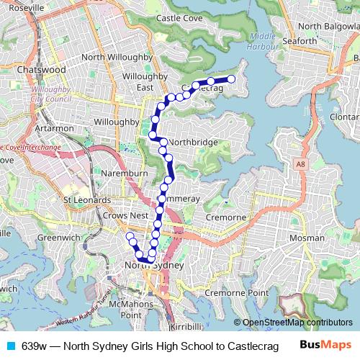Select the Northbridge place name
(x=194, y=143)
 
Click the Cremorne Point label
(x=235, y=293)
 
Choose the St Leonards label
(x=86, y=199)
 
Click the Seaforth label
(x=299, y=41)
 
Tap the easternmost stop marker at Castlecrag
(x=232, y=79)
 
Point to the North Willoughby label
(x=117, y=57)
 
